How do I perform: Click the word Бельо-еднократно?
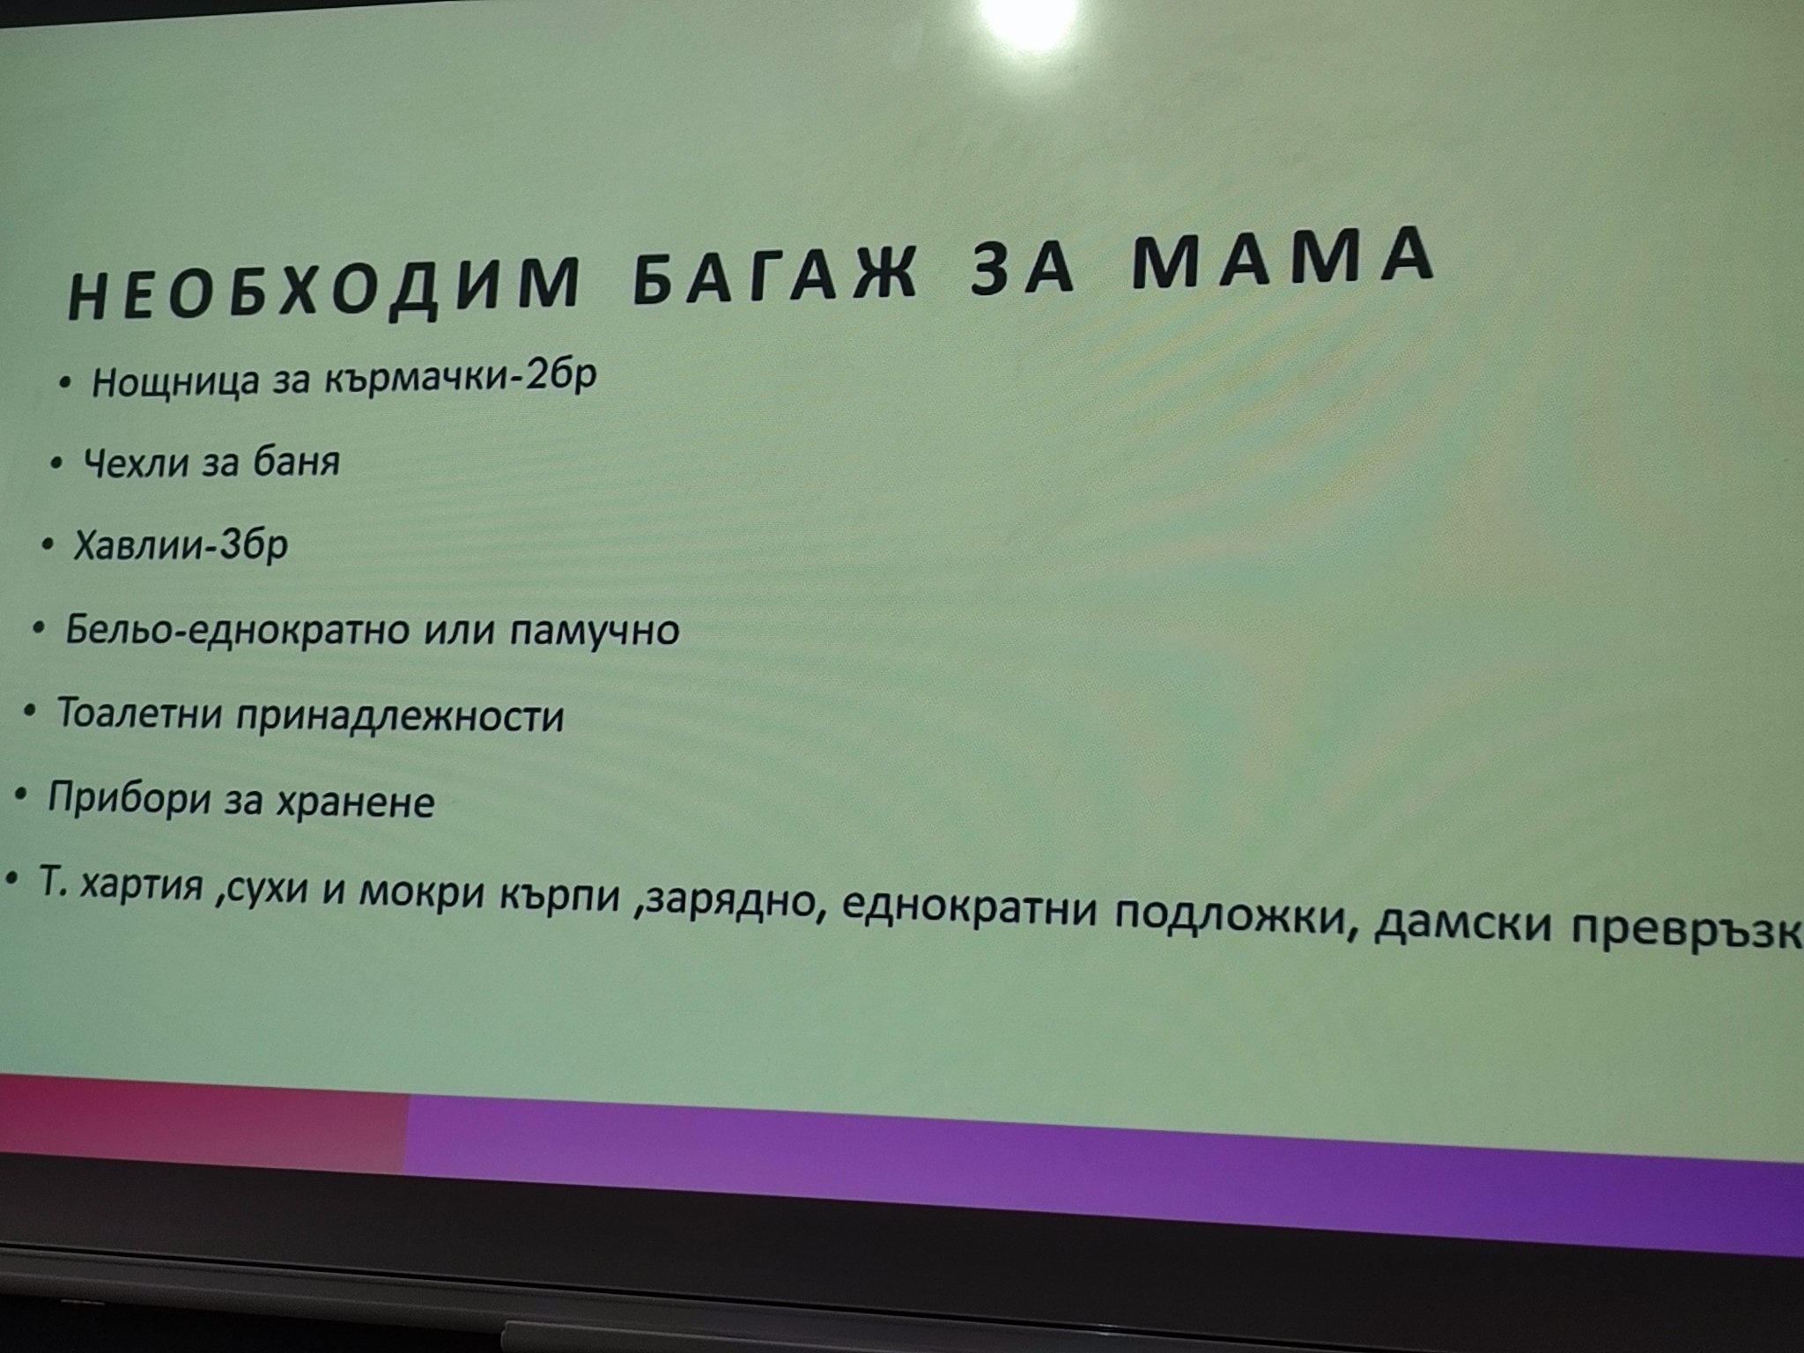(x=237, y=631)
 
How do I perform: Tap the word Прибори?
(x=123, y=800)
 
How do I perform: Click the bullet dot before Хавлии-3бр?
(x=47, y=545)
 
